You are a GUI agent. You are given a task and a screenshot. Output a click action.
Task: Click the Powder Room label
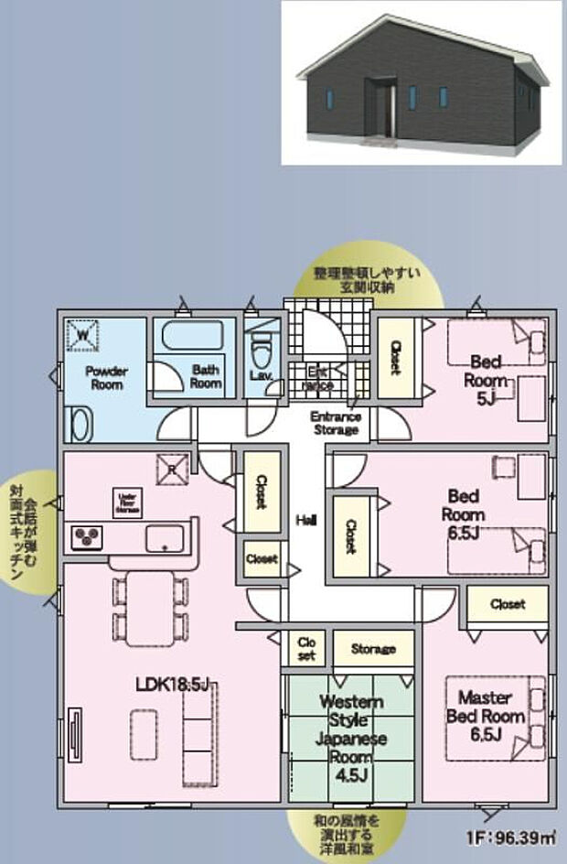[x=105, y=378]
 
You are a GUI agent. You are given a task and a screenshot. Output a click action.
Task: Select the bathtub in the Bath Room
[x=193, y=337]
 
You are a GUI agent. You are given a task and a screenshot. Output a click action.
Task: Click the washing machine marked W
[x=84, y=335]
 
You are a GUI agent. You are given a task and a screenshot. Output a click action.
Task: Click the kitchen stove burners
[x=86, y=536]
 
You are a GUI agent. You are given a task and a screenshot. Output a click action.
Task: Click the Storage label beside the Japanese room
[x=373, y=649]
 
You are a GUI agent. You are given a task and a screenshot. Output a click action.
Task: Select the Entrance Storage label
[x=336, y=423]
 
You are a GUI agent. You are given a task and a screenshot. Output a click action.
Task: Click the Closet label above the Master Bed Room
[x=507, y=604]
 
